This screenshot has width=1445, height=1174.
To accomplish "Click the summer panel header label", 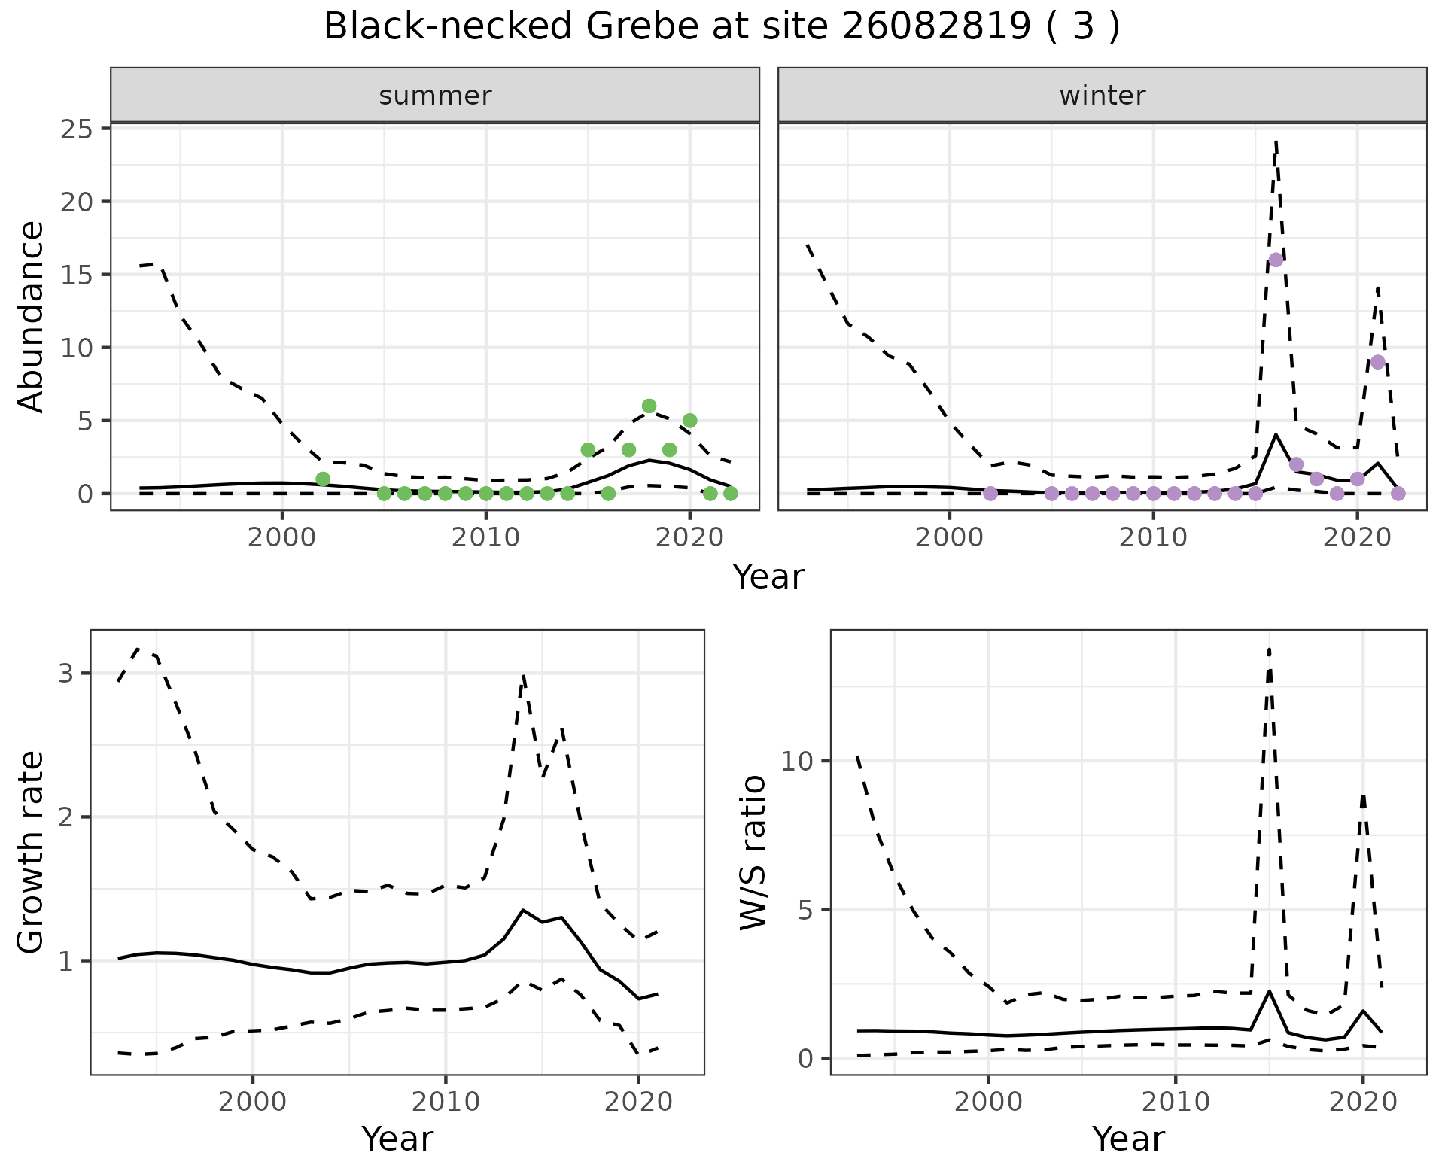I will pyautogui.click(x=435, y=96).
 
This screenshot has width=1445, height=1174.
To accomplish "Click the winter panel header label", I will pyautogui.click(x=1102, y=96).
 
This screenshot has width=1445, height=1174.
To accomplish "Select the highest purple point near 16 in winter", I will pyautogui.click(x=1276, y=260).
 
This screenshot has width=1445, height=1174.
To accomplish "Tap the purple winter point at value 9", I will pyautogui.click(x=1377, y=362).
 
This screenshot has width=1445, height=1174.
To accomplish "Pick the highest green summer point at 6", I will pyautogui.click(x=649, y=406).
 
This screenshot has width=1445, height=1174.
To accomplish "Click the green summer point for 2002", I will pyautogui.click(x=323, y=479).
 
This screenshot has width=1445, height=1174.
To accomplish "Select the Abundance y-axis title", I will pyautogui.click(x=32, y=316).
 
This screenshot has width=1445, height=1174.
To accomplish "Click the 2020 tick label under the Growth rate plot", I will pyautogui.click(x=638, y=1102).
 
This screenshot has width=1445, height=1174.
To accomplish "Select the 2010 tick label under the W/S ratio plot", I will pyautogui.click(x=1175, y=1102).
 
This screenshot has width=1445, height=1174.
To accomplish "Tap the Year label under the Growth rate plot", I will pyautogui.click(x=397, y=1139).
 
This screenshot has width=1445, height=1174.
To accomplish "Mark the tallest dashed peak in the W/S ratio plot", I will pyautogui.click(x=1270, y=649).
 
